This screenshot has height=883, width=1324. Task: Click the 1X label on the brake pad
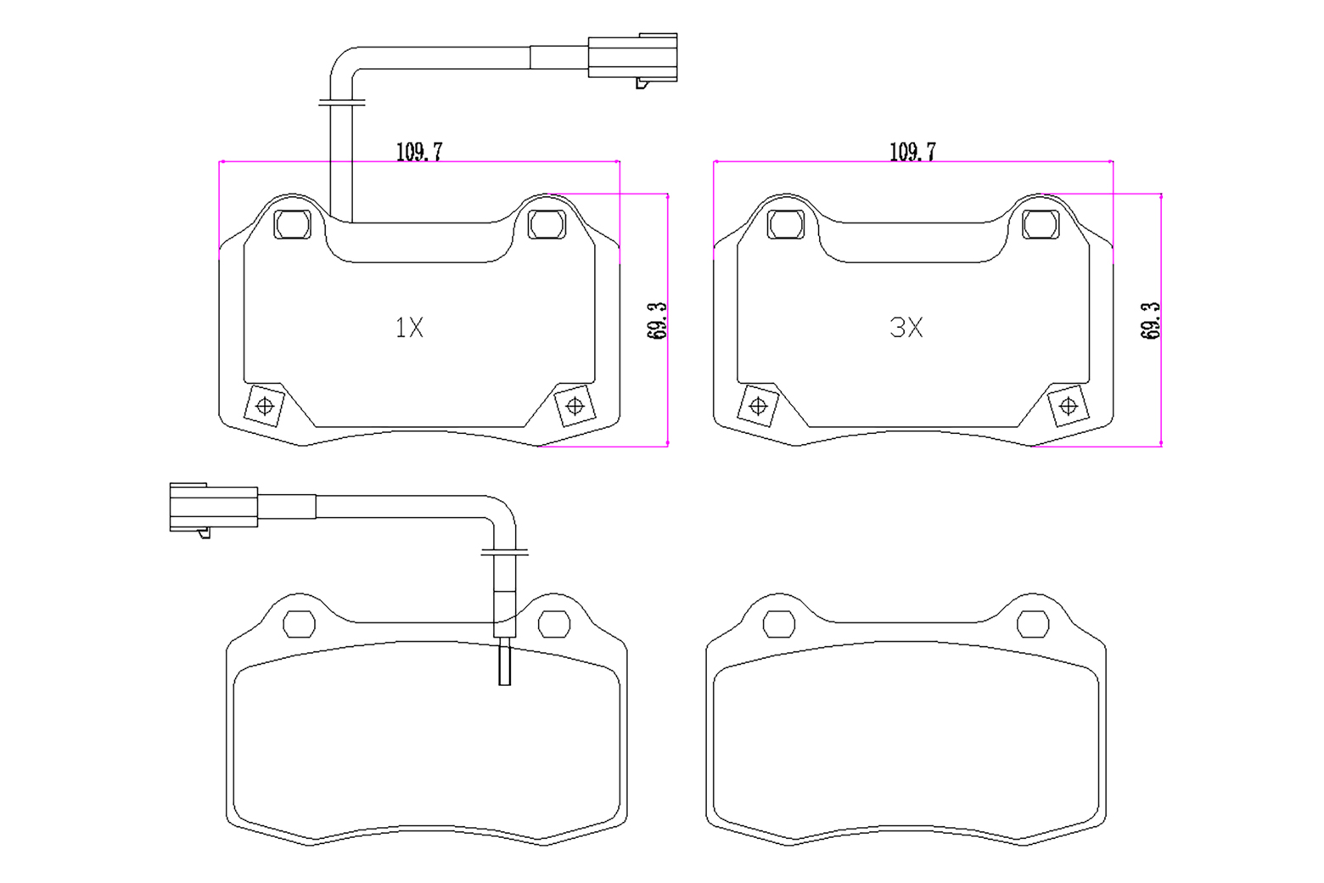[409, 328]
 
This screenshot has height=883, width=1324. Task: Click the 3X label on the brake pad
[906, 328]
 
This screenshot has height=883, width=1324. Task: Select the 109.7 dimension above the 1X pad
[419, 151]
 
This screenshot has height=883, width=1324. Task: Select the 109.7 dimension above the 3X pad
[913, 151]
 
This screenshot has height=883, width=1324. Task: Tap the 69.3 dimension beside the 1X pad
[657, 321]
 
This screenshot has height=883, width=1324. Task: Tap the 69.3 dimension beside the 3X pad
[1151, 321]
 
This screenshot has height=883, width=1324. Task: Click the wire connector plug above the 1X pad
[632, 58]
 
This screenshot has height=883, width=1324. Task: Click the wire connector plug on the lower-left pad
[214, 508]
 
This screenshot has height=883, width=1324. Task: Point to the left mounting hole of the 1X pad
[293, 224]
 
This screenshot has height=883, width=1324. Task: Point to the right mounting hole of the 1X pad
[547, 224]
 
